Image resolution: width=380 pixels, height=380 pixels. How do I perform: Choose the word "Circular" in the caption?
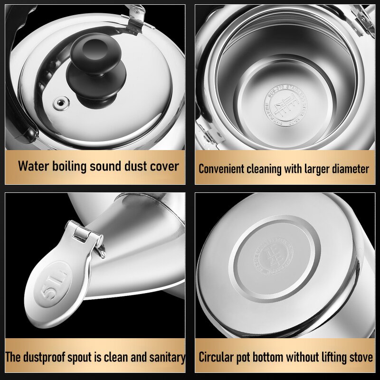216,357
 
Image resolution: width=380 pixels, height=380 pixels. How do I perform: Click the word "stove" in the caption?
361,357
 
